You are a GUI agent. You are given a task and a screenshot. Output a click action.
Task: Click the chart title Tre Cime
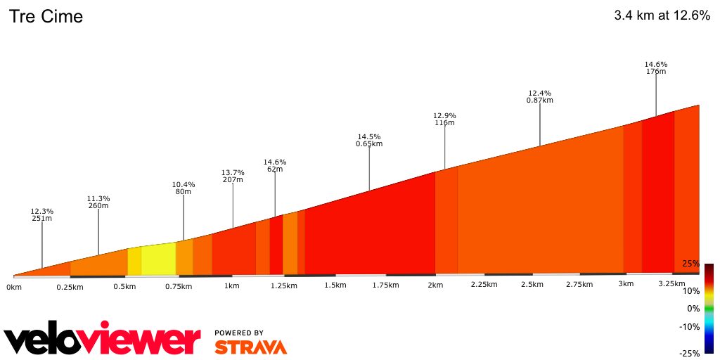(46, 16)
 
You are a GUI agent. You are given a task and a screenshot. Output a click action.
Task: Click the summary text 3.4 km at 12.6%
(662, 15)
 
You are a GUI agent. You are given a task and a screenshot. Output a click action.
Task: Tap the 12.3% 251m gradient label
(42, 214)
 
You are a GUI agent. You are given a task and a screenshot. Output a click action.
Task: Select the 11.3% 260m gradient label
(98, 202)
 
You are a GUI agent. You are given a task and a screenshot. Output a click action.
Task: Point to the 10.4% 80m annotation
(184, 188)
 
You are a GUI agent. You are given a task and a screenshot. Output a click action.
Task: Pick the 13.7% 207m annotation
(233, 176)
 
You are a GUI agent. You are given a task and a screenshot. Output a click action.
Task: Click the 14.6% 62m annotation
(275, 165)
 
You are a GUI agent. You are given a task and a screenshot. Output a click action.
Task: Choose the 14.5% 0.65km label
(369, 140)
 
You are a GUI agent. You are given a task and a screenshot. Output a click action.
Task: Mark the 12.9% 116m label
(444, 119)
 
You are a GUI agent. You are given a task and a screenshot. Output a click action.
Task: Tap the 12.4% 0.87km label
(540, 96)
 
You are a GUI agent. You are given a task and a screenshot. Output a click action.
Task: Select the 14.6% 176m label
(656, 67)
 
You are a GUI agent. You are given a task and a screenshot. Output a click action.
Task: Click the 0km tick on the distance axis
(13, 287)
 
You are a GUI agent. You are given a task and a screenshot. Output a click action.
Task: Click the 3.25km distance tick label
(671, 284)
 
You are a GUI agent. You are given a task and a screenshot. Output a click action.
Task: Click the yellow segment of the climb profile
(158, 259)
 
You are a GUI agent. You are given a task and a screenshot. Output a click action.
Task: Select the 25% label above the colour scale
(690, 264)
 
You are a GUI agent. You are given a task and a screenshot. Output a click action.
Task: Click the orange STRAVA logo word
(250, 347)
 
